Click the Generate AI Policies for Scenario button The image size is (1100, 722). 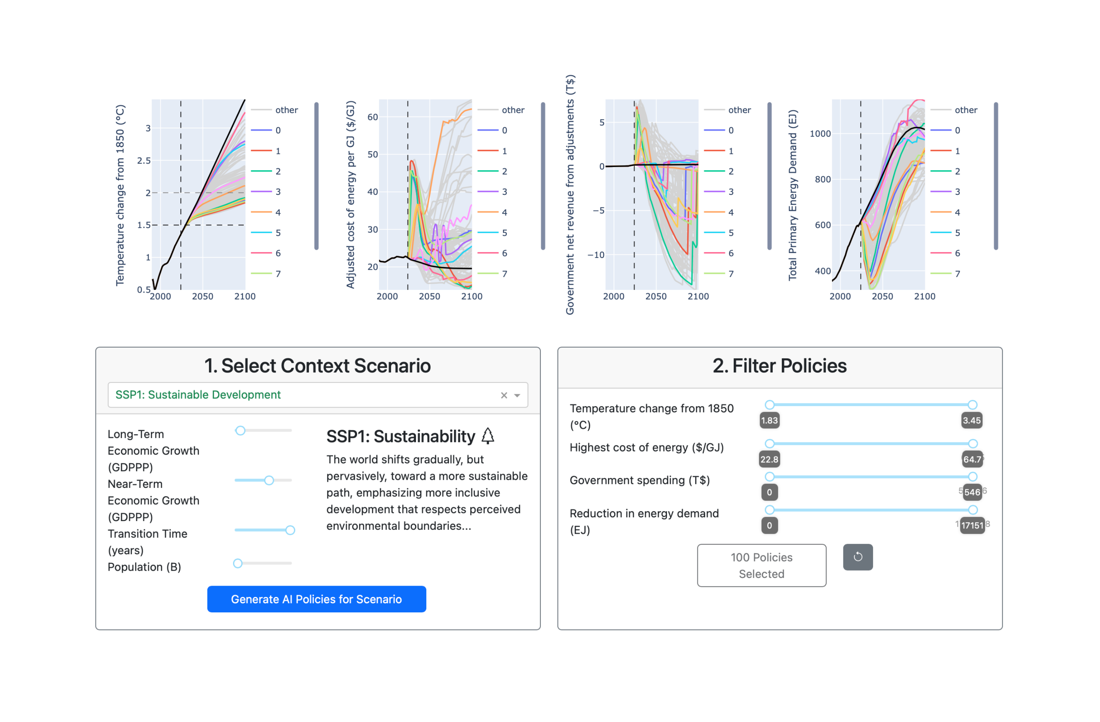316,599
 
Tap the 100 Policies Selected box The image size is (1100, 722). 761,565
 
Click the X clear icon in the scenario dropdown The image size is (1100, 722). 504,395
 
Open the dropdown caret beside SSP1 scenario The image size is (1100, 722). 517,395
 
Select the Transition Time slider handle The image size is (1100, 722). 290,530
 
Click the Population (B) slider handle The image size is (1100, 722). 238,563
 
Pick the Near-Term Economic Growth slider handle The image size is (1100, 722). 269,480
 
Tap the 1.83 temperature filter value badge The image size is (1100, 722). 769,421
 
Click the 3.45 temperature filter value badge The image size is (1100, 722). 972,421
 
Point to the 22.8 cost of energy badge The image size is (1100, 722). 769,460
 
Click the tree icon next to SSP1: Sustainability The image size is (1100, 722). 488,436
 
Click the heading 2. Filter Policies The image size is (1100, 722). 779,366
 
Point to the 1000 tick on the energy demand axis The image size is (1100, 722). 820,134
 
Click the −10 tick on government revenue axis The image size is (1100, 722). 596,255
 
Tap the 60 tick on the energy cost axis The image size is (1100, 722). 372,117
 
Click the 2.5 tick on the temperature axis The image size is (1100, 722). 144,160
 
